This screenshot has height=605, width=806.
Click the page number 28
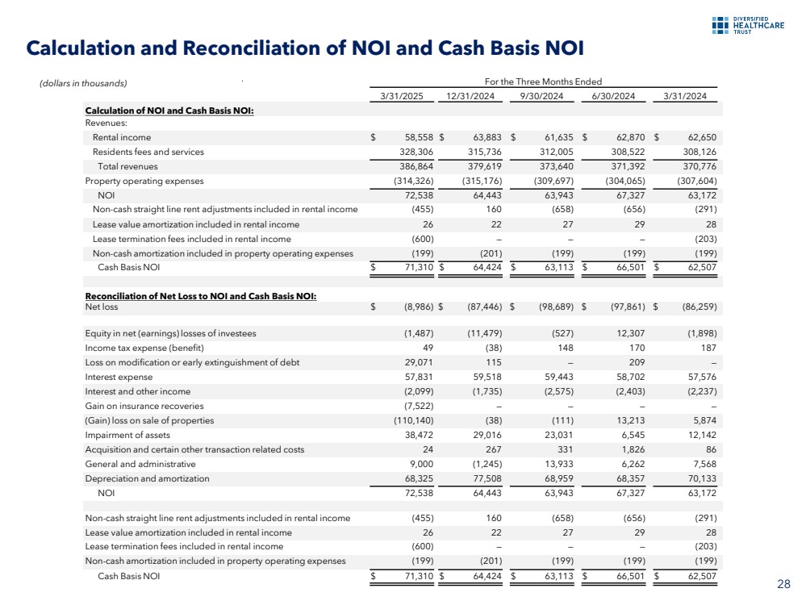click(783, 584)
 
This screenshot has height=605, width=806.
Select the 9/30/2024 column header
click(541, 97)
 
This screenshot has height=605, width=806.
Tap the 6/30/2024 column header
click(612, 97)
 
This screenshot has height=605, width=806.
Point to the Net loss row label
click(102, 307)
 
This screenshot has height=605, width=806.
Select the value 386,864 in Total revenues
click(418, 166)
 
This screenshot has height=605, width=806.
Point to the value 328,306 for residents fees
click(418, 152)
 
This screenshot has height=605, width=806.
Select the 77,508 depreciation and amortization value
click(489, 478)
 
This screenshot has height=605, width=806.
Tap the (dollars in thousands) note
click(84, 82)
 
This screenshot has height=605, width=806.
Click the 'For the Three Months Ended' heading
click(542, 81)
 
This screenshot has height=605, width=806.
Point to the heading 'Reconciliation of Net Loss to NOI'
click(201, 296)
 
